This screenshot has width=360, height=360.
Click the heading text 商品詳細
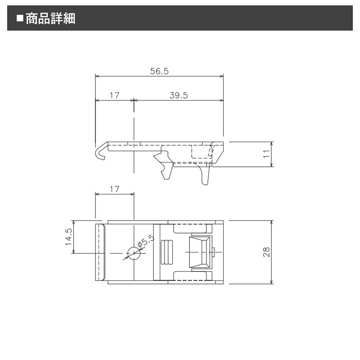point(50,18)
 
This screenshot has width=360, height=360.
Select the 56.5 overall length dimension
point(158,71)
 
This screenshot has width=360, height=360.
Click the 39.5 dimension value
point(178,95)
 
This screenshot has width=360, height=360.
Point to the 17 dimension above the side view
point(114,95)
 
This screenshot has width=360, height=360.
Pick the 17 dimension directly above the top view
point(114,189)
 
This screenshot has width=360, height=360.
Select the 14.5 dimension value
point(68,237)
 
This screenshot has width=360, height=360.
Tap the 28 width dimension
point(266,252)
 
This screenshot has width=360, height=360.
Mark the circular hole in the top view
point(134,253)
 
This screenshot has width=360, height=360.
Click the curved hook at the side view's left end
point(101,152)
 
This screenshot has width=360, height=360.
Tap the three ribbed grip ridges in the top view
point(166,252)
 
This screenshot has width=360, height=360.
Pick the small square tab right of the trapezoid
point(214,252)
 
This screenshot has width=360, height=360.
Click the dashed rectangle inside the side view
point(202,152)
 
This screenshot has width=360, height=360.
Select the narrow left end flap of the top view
point(101,252)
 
